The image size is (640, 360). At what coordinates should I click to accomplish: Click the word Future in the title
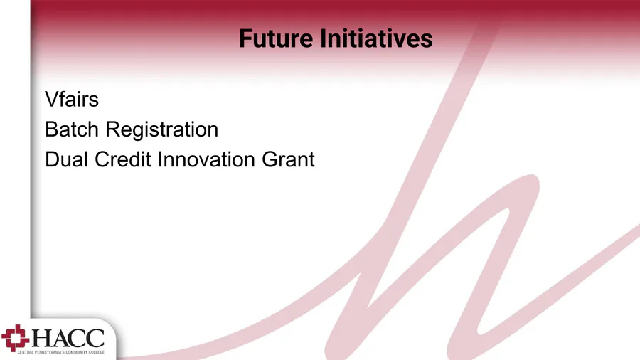pos(276,38)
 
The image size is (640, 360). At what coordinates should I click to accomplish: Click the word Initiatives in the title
pos(376,38)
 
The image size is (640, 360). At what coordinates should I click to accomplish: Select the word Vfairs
pos(72,99)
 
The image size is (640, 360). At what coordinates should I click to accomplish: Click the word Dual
pos(67,159)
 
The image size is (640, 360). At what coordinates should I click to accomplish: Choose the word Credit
pos(123,159)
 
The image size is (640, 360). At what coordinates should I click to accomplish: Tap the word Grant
pos(288,159)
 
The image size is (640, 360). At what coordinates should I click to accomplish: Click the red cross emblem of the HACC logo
pos(16,338)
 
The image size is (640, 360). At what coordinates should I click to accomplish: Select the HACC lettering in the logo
pos(68,338)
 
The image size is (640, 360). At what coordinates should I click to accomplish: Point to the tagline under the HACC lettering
pos(61,352)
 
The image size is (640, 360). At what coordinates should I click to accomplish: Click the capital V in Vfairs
pos(52,99)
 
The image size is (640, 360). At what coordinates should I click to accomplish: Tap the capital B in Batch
pos(52,129)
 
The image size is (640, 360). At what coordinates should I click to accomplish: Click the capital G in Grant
pos(270,159)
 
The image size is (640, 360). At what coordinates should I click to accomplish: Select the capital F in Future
pos(246,38)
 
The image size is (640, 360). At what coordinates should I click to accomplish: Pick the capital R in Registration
pos(113,129)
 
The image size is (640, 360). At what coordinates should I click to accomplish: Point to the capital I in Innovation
pos(160,159)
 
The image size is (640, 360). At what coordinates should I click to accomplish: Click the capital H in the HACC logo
pos(41,339)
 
